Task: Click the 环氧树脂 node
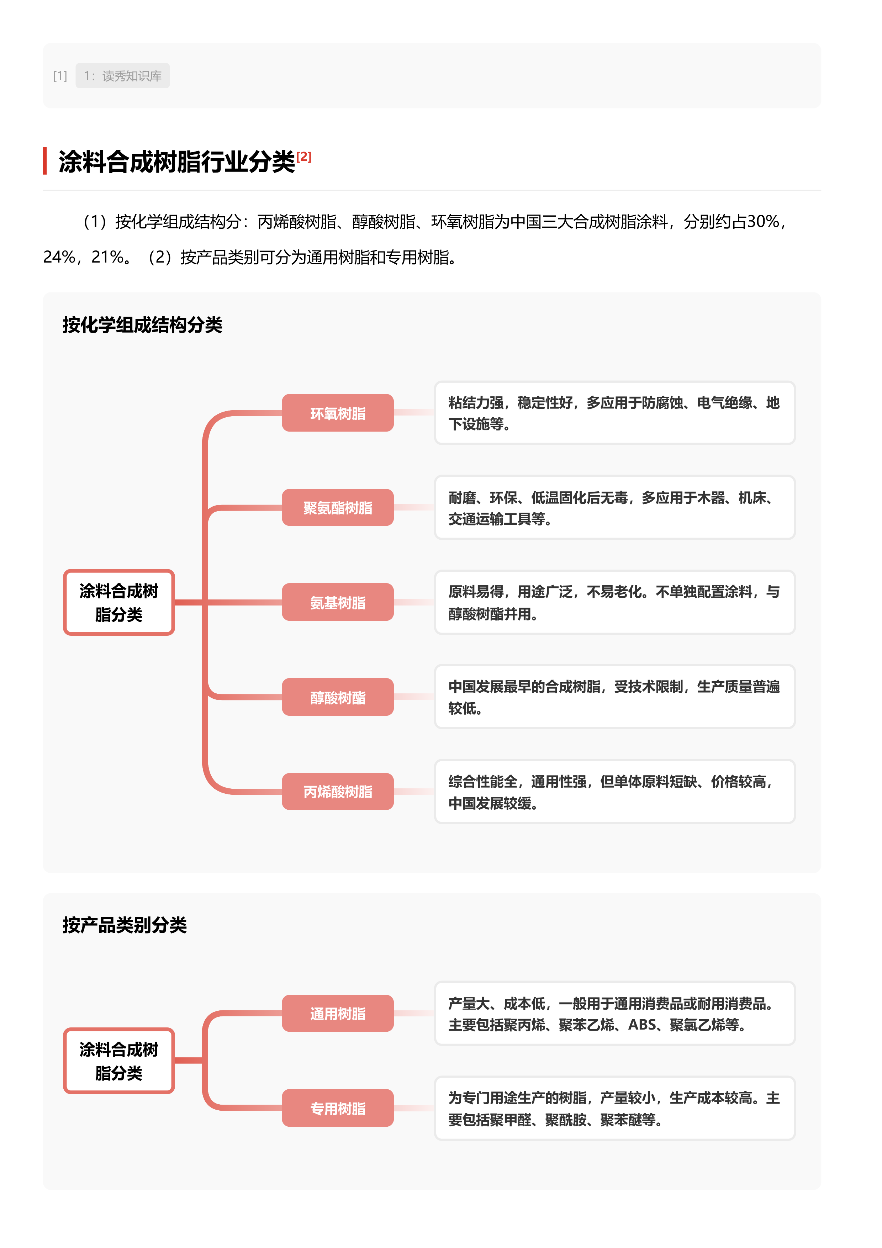(338, 413)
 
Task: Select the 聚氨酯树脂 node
(338, 508)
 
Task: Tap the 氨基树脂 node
(338, 602)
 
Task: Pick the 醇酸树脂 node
(338, 697)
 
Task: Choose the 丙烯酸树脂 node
(338, 792)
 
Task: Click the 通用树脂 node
(338, 1013)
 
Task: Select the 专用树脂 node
(338, 1108)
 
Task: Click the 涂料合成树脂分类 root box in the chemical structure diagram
(118, 602)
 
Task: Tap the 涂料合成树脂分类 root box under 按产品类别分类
(118, 1061)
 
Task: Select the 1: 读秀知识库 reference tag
(122, 75)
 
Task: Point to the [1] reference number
(60, 75)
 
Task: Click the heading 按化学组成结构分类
(142, 325)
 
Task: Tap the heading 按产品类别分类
(125, 925)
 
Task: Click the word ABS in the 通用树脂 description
(642, 1025)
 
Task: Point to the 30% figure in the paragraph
(763, 222)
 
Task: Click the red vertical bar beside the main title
(45, 161)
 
